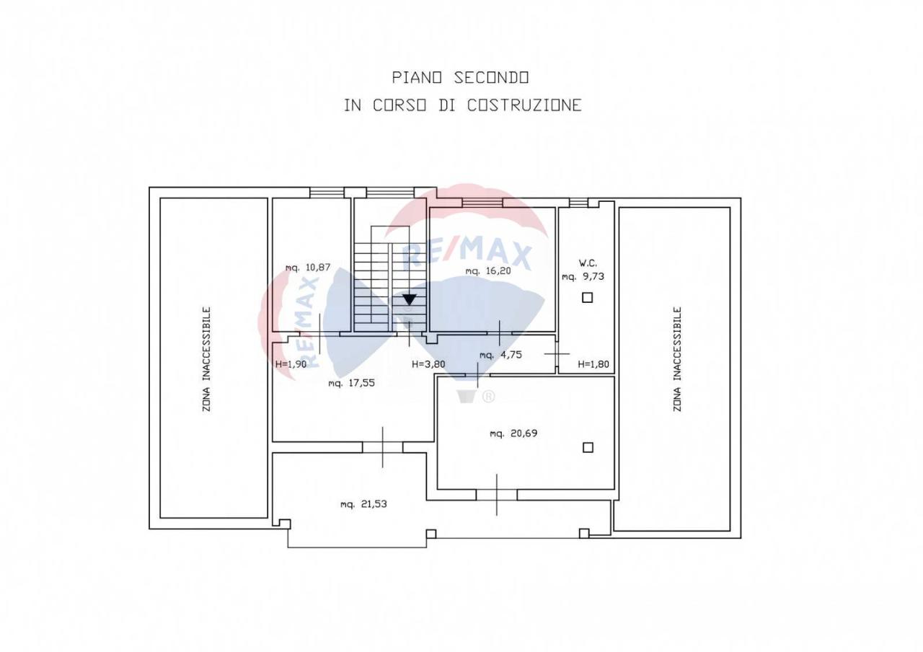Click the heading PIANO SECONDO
(x=461, y=77)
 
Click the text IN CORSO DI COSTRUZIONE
(x=462, y=105)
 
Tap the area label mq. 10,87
(x=308, y=268)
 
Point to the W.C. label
(x=588, y=263)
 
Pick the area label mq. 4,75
(x=500, y=355)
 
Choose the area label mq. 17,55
(x=351, y=384)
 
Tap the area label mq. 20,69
(x=513, y=433)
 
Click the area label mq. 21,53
(x=363, y=504)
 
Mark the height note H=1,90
(x=291, y=364)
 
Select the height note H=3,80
(x=428, y=364)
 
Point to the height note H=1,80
(x=594, y=364)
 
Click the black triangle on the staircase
(x=410, y=299)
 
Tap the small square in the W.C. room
(x=587, y=297)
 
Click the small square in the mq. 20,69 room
(x=588, y=447)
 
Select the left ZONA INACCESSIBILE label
(x=207, y=359)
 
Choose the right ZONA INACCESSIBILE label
(x=677, y=359)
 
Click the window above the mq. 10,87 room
(x=327, y=193)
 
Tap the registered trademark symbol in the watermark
(x=488, y=396)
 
